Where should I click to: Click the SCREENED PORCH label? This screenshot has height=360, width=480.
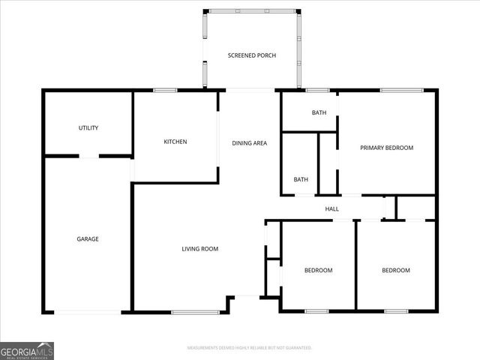click(x=251, y=56)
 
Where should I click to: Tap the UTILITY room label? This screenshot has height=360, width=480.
click(x=88, y=128)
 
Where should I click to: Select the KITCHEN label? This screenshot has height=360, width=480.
click(x=175, y=142)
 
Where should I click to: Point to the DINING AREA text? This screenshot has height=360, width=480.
click(x=249, y=142)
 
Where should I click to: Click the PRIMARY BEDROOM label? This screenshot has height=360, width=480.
click(x=386, y=148)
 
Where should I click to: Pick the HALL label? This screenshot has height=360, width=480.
click(x=332, y=209)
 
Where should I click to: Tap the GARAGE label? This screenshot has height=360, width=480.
click(x=88, y=239)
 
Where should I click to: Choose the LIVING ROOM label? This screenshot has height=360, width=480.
click(x=199, y=249)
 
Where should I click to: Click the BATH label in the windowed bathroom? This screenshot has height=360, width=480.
click(x=319, y=113)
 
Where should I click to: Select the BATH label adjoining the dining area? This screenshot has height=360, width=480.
click(x=301, y=179)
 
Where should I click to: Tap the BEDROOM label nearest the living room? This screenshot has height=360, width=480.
click(x=318, y=270)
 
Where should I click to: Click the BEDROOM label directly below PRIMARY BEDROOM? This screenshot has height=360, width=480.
click(x=396, y=270)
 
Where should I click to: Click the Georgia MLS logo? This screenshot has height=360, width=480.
click(x=27, y=350)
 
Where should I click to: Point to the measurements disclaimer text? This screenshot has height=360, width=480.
click(x=249, y=348)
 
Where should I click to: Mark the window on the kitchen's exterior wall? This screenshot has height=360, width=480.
click(x=165, y=91)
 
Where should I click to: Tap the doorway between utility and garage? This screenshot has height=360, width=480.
click(x=89, y=156)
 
